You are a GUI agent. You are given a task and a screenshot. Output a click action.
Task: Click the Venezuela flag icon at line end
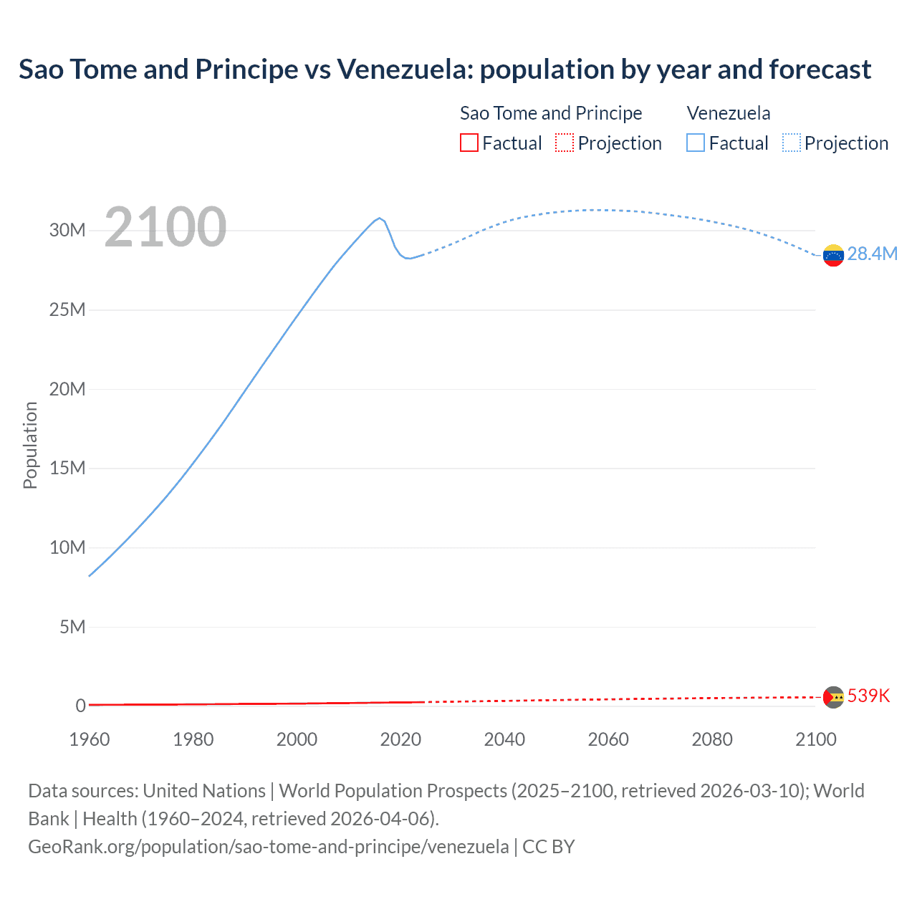pyautogui.click(x=833, y=255)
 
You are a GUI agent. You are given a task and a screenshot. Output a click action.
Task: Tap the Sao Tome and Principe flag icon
pyautogui.click(x=833, y=697)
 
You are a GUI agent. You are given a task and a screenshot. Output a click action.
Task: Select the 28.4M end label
pyautogui.click(x=872, y=254)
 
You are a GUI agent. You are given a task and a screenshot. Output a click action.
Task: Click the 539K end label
pyautogui.click(x=868, y=696)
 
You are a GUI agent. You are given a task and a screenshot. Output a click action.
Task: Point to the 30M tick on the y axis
pyautogui.click(x=67, y=231)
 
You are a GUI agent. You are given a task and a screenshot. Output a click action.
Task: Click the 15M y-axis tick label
pyautogui.click(x=67, y=469)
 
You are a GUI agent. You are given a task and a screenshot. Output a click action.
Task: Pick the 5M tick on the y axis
pyautogui.click(x=72, y=628)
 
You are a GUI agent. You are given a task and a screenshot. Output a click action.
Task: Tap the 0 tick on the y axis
pyautogui.click(x=80, y=706)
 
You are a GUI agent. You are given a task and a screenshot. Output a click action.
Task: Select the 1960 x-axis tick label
pyautogui.click(x=90, y=739)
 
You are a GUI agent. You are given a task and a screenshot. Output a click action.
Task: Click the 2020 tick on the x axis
pyautogui.click(x=400, y=739)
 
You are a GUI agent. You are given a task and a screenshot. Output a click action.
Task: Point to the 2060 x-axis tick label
pyautogui.click(x=608, y=739)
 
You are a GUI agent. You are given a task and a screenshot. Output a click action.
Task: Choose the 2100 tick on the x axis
pyautogui.click(x=815, y=739)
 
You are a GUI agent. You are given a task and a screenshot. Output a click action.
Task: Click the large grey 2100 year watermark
pyautogui.click(x=165, y=228)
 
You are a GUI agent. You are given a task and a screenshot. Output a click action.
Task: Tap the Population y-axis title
pyautogui.click(x=30, y=445)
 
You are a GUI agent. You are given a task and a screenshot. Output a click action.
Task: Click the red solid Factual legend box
pyautogui.click(x=469, y=143)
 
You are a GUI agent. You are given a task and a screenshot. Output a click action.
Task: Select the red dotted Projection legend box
pyautogui.click(x=565, y=143)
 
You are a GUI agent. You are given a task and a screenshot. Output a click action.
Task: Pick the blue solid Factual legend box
pyautogui.click(x=696, y=143)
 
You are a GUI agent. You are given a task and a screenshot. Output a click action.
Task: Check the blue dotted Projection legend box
pyautogui.click(x=792, y=143)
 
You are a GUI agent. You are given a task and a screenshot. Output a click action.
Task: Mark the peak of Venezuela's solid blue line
pyautogui.click(x=380, y=218)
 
